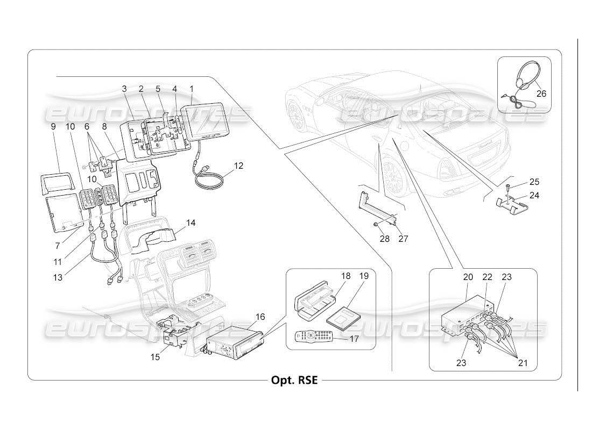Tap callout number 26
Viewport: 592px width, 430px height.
pos(541,94)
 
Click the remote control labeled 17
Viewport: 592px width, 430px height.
pos(314,337)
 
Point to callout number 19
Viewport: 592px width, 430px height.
pos(364,276)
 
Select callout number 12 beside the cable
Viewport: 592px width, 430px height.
pos(238,166)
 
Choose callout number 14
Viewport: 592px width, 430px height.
pos(191,222)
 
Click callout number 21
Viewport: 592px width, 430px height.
pos(523,363)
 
